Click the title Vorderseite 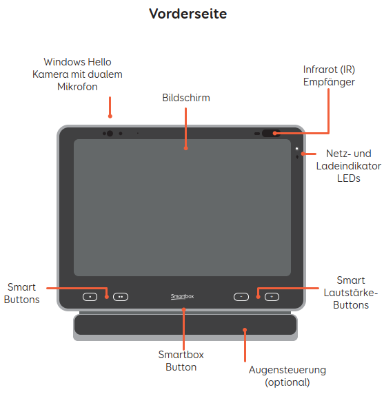[188, 14]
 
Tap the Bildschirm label [186, 98]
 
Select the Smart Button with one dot [90, 297]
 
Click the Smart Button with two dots [121, 297]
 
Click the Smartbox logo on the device [182, 296]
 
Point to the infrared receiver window [271, 133]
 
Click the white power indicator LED [296, 149]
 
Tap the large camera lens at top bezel [110, 134]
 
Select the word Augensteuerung [287, 370]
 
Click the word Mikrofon [77, 87]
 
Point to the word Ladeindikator [349, 166]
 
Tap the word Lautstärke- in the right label [351, 293]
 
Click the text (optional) [287, 382]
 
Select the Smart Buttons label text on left [22, 293]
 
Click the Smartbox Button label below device [181, 361]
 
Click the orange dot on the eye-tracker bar [245, 330]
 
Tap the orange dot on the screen [186, 148]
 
